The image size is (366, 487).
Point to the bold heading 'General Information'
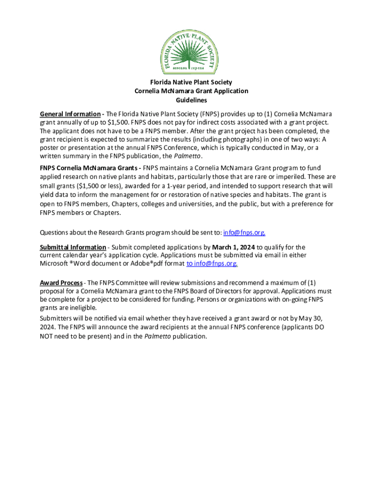point(70,114)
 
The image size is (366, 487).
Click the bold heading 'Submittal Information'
point(73,247)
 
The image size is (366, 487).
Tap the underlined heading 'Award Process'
point(61,283)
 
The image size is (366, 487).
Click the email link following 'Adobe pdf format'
point(212,263)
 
